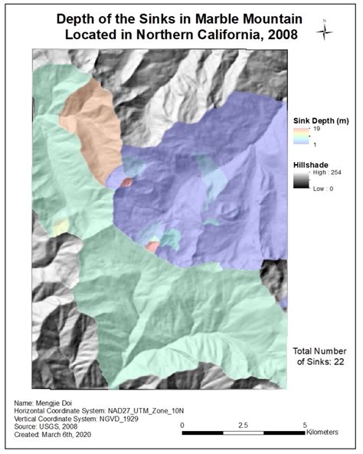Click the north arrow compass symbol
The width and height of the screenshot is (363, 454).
(327, 31)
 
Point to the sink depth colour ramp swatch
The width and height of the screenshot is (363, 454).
(299, 137)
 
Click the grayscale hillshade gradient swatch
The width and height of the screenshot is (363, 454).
(299, 182)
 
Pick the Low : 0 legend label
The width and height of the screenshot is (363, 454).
(321, 189)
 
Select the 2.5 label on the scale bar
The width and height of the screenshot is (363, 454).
(243, 424)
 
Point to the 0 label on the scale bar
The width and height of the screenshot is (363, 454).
(182, 424)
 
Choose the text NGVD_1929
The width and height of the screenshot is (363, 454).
(125, 420)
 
